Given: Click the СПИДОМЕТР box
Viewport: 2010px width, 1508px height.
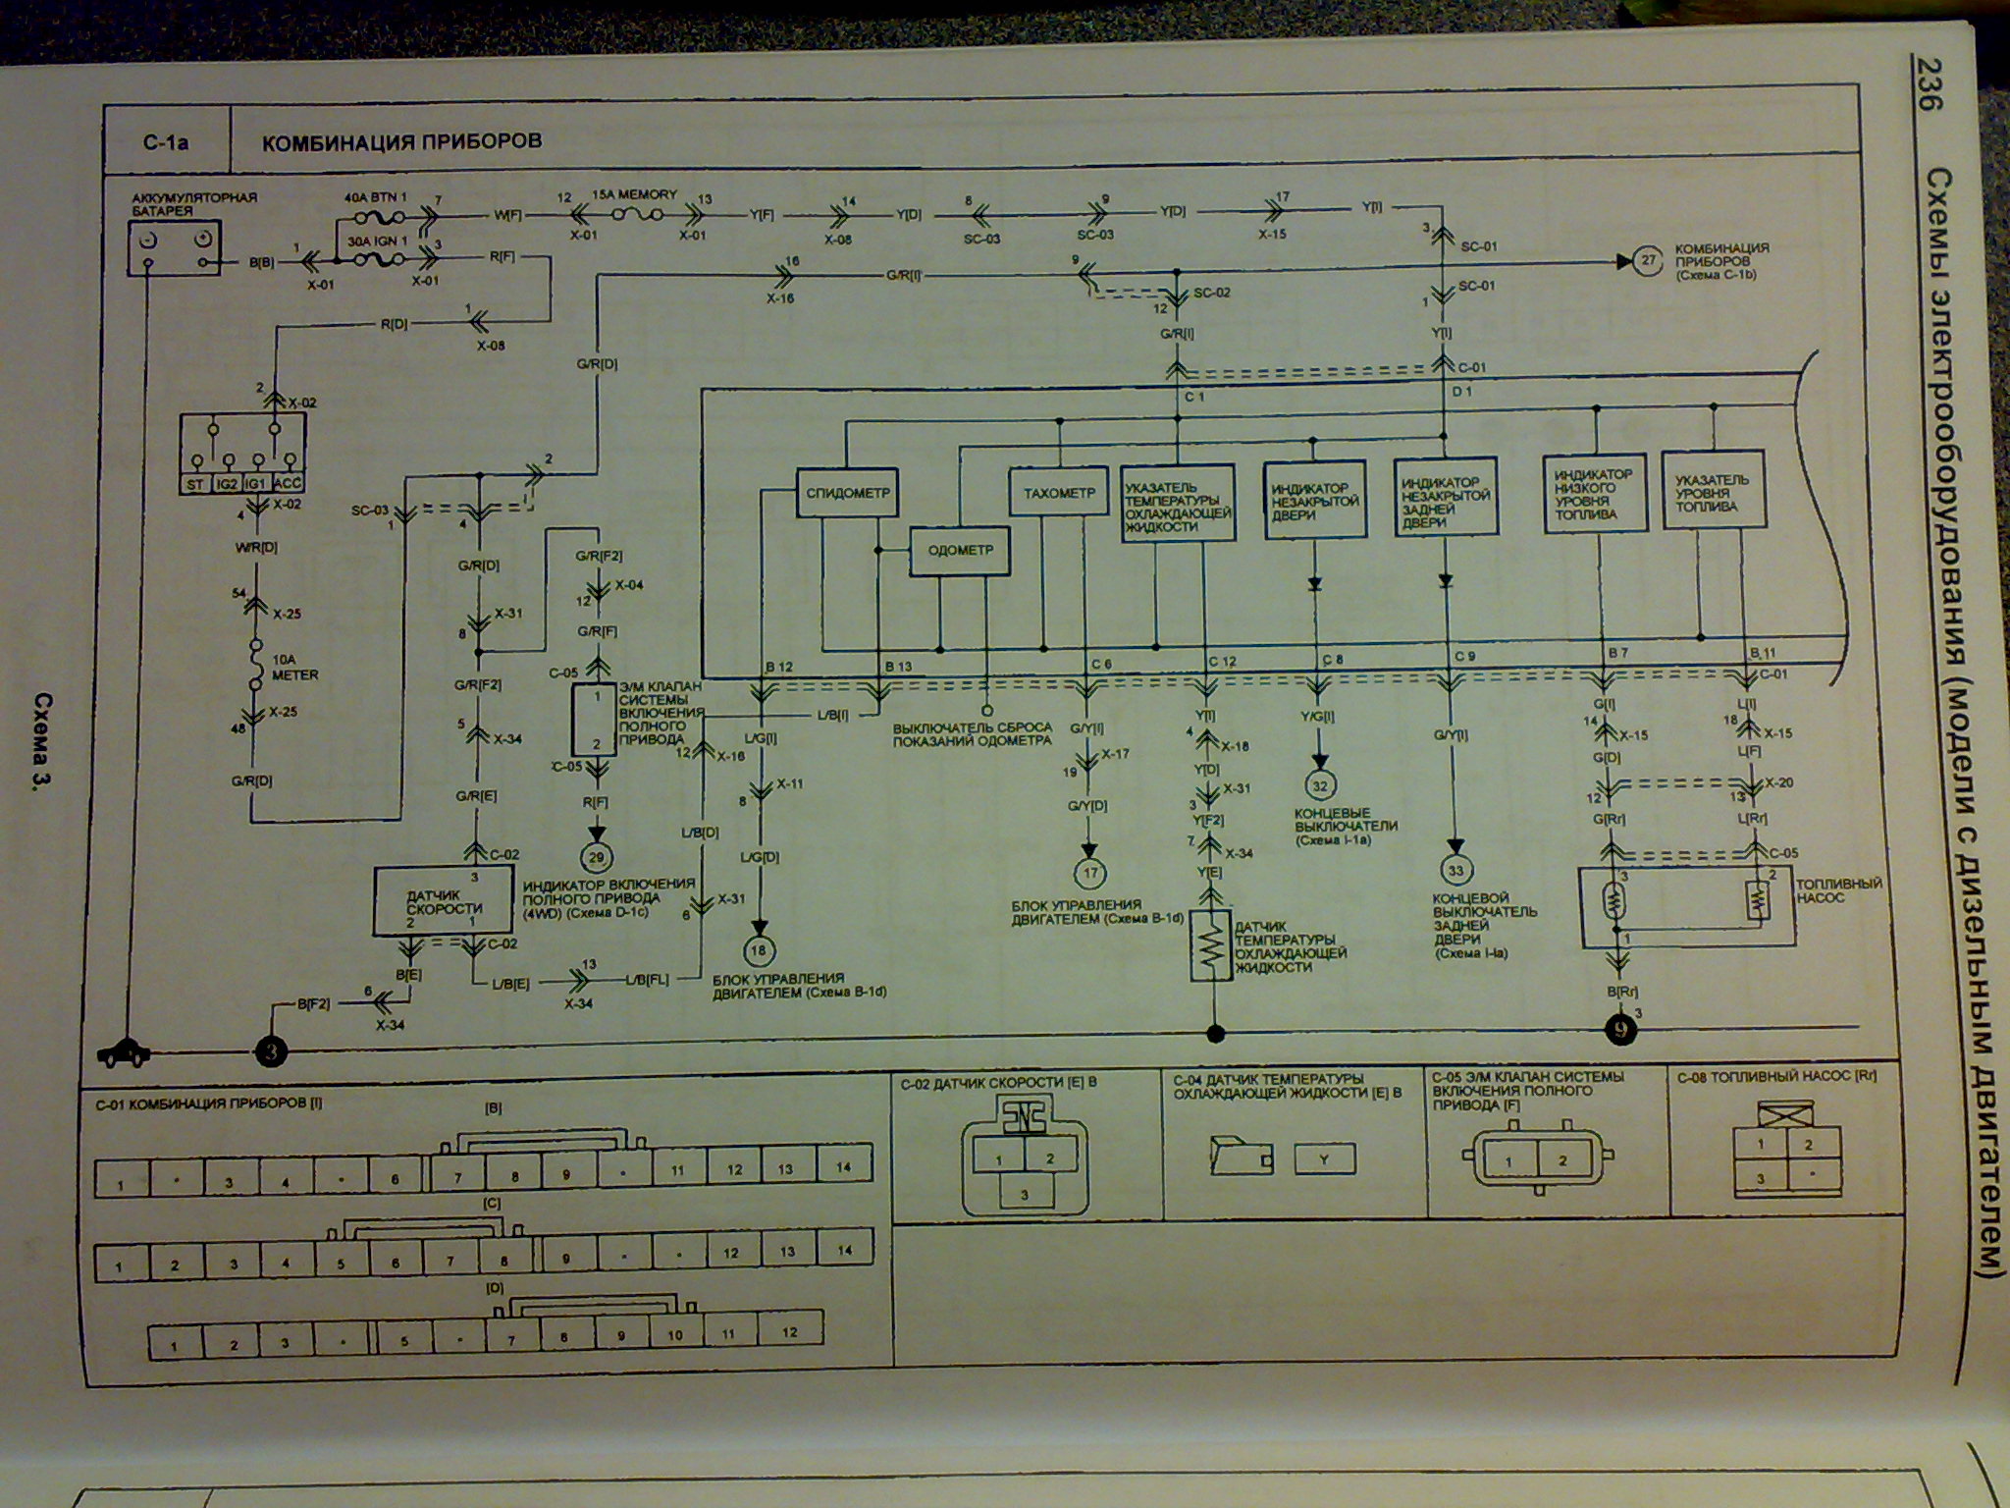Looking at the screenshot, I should (848, 492).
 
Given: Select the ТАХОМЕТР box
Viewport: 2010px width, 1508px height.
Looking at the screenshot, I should (1058, 492).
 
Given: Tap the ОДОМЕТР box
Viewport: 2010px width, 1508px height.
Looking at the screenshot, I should (959, 550).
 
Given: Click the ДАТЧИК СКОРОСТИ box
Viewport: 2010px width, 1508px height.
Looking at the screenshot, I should (442, 900).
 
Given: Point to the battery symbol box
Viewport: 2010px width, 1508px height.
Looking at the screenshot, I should (174, 246).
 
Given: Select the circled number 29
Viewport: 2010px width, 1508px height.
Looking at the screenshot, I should (595, 857).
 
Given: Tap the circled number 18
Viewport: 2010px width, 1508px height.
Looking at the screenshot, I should (759, 950).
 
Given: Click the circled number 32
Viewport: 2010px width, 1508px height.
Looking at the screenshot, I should (1318, 785).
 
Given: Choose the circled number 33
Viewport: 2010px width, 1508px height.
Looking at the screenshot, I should (1455, 870).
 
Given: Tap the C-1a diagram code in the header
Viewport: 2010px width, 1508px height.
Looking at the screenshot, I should (165, 142).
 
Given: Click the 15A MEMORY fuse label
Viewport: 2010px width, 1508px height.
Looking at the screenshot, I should (634, 194).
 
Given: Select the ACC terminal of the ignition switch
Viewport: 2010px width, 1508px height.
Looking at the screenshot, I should (289, 485).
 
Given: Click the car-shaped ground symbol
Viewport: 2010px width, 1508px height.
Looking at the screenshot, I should (125, 1053).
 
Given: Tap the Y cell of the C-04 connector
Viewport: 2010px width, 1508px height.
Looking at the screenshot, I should (1323, 1159).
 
